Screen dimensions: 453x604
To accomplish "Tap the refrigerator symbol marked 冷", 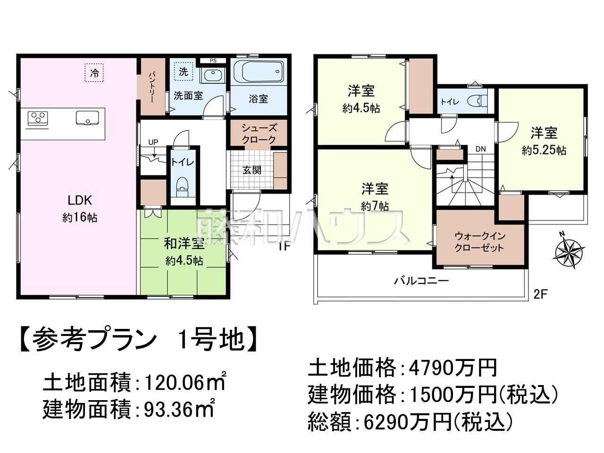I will [x=94, y=73].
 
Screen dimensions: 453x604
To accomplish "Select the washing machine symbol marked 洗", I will [x=184, y=71].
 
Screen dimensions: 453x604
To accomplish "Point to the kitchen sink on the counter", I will [x=87, y=117].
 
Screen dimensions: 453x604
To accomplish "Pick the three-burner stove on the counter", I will [x=38, y=117].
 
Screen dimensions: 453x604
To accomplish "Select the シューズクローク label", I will [x=259, y=134].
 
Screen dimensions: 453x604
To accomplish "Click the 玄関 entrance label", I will [x=252, y=170].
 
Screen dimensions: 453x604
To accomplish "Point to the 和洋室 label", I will [x=184, y=244].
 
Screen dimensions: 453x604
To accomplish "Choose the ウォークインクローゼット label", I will [x=479, y=242].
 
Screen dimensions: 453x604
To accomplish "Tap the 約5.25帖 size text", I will [x=544, y=151].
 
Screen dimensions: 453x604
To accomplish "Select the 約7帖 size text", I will [x=375, y=206].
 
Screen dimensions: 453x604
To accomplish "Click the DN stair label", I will [x=480, y=149].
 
